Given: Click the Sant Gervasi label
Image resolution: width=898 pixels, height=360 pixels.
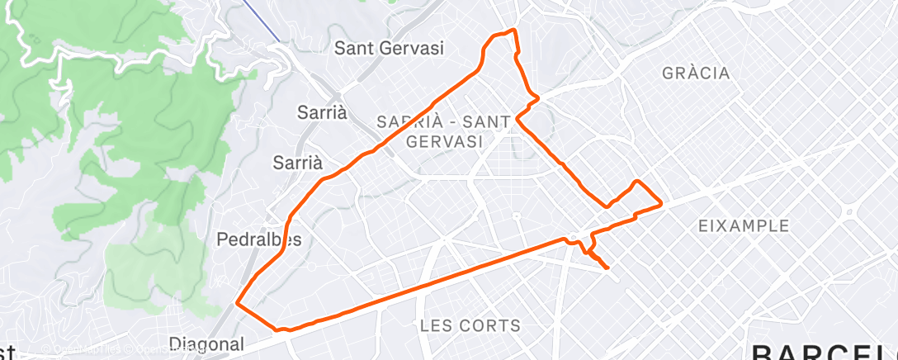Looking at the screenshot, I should pyautogui.click(x=389, y=49).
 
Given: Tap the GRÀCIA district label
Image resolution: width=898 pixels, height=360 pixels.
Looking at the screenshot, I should pyautogui.click(x=696, y=73).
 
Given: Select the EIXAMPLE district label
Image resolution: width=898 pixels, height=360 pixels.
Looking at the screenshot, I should pyautogui.click(x=743, y=225).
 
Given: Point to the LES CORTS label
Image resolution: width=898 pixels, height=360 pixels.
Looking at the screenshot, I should pyautogui.click(x=470, y=325).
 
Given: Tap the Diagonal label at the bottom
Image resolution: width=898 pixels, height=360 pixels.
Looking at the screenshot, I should pyautogui.click(x=206, y=343).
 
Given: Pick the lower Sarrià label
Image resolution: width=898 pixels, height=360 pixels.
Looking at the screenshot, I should pyautogui.click(x=297, y=163).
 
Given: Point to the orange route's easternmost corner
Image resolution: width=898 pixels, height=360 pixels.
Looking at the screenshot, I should pyautogui.click(x=662, y=204).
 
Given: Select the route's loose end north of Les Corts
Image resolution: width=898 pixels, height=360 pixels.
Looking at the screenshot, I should pyautogui.click(x=608, y=268).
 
